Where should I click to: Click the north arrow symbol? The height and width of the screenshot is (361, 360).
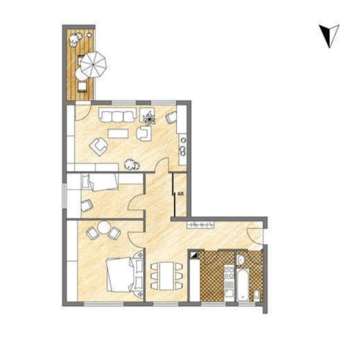click(x=330, y=36)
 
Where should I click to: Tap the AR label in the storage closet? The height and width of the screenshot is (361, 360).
click(x=181, y=194)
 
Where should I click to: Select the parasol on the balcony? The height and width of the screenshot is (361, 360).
click(x=93, y=65)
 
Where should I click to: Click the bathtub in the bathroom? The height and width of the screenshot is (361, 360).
click(x=243, y=285)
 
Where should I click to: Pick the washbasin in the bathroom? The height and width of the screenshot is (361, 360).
click(x=241, y=260)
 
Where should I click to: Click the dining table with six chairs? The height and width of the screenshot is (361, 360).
click(x=166, y=276)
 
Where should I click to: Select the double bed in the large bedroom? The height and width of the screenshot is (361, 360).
click(x=125, y=275)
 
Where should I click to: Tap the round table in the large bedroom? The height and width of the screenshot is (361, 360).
click(x=104, y=228)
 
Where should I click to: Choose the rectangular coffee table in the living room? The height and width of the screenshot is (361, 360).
click(x=118, y=133)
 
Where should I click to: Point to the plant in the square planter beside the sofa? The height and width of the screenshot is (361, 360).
click(x=148, y=118)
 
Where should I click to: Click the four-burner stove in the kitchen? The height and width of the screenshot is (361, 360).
click(x=229, y=272)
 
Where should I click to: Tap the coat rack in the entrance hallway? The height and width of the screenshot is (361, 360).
click(x=200, y=224)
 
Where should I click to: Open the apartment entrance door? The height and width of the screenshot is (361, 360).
click(x=254, y=236)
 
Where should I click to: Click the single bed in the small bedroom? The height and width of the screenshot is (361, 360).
click(x=100, y=182)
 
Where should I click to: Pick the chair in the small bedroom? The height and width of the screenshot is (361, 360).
click(x=87, y=205)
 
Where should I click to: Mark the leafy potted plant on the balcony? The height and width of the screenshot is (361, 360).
click(x=75, y=39)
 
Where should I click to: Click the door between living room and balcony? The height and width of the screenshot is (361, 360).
click(x=83, y=112)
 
